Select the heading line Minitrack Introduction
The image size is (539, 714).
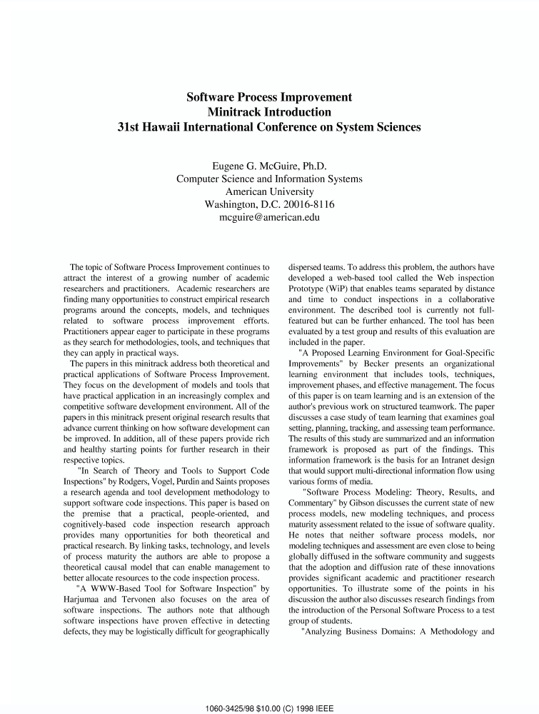point(269,112)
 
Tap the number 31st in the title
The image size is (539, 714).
point(130,128)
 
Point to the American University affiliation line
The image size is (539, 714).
point(269,191)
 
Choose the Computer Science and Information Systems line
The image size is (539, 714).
point(269,178)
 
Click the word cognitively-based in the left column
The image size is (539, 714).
point(96,524)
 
